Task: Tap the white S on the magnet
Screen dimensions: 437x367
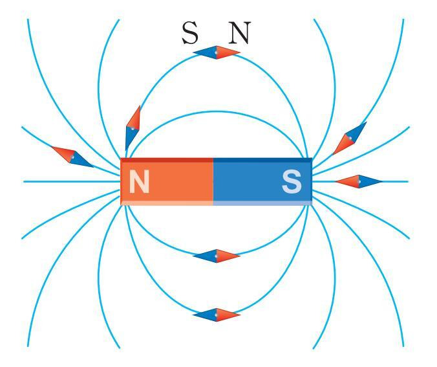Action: tap(292, 183)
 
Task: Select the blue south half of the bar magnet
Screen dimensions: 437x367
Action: tap(262, 181)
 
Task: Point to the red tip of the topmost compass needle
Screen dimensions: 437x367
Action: tap(228, 53)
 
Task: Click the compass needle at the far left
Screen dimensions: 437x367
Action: tap(72, 156)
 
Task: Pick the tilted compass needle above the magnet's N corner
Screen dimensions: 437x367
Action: tap(133, 126)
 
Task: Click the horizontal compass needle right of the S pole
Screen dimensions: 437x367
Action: tap(359, 181)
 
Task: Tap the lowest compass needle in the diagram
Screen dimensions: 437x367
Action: tap(217, 315)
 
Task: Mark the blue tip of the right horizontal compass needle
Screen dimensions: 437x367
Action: tap(371, 181)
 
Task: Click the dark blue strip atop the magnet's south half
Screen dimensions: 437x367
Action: tap(262, 160)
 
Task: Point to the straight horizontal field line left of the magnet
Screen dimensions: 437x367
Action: tap(71, 181)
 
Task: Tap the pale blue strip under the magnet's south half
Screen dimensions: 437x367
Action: tap(262, 203)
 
